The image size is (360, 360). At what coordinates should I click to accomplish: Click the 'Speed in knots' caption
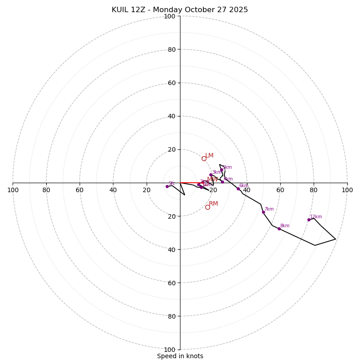(180, 356)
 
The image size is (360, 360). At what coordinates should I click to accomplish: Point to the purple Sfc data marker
(167, 186)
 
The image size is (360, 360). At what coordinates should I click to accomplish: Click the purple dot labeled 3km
(211, 175)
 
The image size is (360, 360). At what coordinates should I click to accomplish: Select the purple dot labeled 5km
(221, 170)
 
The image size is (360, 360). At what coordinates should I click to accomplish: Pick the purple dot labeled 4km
(222, 182)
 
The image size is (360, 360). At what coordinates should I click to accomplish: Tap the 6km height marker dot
(238, 189)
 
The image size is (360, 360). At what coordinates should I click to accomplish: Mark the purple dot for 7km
(263, 212)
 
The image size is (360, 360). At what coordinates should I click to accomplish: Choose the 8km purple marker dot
(279, 229)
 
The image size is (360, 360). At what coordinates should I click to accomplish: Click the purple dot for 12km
(309, 220)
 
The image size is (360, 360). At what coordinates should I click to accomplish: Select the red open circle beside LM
(204, 158)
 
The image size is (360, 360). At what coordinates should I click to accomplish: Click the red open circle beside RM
(207, 207)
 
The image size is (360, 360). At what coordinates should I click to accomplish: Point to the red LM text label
(209, 156)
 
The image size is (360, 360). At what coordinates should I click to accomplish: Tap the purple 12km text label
(316, 217)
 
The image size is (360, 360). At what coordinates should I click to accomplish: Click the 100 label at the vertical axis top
(170, 16)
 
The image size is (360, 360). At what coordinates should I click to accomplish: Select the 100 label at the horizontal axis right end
(347, 190)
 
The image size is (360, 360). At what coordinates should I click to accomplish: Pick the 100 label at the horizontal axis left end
(13, 190)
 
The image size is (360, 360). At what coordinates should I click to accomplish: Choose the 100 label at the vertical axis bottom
(170, 349)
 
